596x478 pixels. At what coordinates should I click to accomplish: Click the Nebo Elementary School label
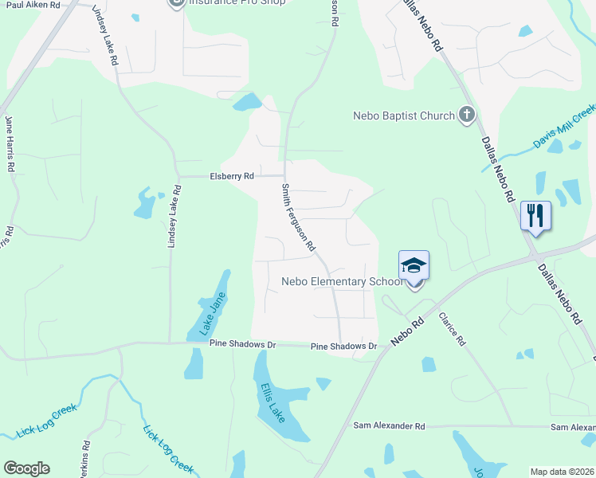pos(339,281)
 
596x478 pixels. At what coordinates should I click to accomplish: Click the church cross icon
pos(467,116)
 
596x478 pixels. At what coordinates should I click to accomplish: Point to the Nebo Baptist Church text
pos(403,116)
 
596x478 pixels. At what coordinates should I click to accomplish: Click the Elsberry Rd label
pos(231,176)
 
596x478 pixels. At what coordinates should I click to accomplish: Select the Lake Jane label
pos(212,311)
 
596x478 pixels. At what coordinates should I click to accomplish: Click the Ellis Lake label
pos(273,402)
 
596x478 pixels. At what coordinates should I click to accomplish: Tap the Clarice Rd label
pos(450,328)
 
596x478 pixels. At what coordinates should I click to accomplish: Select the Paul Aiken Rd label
pos(32,5)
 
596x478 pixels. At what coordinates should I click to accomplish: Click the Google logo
pos(26,468)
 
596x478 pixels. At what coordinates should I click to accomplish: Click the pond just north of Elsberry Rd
pos(247,103)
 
